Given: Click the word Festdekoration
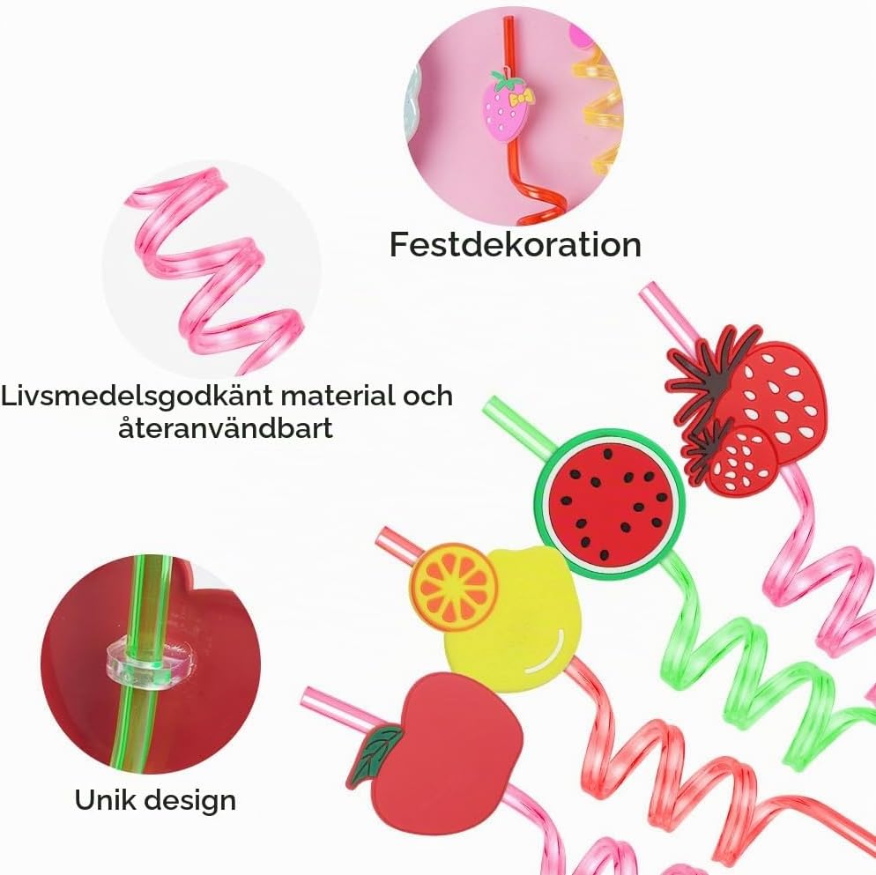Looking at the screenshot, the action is pyautogui.click(x=515, y=245).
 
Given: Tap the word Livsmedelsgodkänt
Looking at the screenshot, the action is pyautogui.click(x=137, y=397).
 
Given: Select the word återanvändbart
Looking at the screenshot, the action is pyautogui.click(x=226, y=429).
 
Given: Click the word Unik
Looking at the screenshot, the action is pyautogui.click(x=103, y=799).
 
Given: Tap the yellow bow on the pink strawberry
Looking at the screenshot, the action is pyautogui.click(x=521, y=99).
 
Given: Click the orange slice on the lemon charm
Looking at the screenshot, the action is pyautogui.click(x=454, y=586).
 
